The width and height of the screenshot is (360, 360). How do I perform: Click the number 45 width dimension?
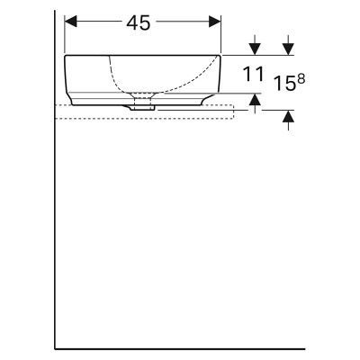coord(139,23)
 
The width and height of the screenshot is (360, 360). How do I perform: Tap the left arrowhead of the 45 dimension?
coord(71,22)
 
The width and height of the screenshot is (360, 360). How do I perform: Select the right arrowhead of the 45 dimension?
coord(215,22)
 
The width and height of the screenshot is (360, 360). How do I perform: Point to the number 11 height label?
coord(254,74)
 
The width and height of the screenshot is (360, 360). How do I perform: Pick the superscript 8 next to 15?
coord(301,79)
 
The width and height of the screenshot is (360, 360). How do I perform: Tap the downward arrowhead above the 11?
coord(255,49)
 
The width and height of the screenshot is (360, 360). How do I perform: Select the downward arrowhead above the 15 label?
coord(288,49)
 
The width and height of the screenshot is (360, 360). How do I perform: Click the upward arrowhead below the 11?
coord(255,99)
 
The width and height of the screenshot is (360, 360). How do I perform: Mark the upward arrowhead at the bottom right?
coord(288,116)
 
